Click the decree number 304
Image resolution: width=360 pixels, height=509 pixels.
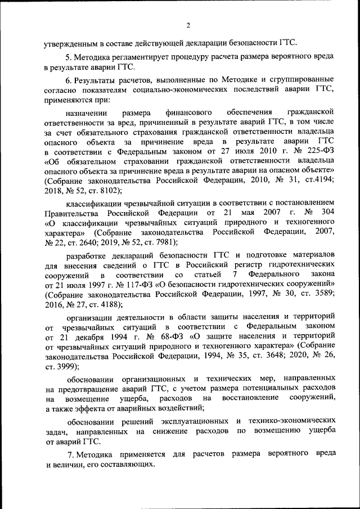click(x=326, y=213)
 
